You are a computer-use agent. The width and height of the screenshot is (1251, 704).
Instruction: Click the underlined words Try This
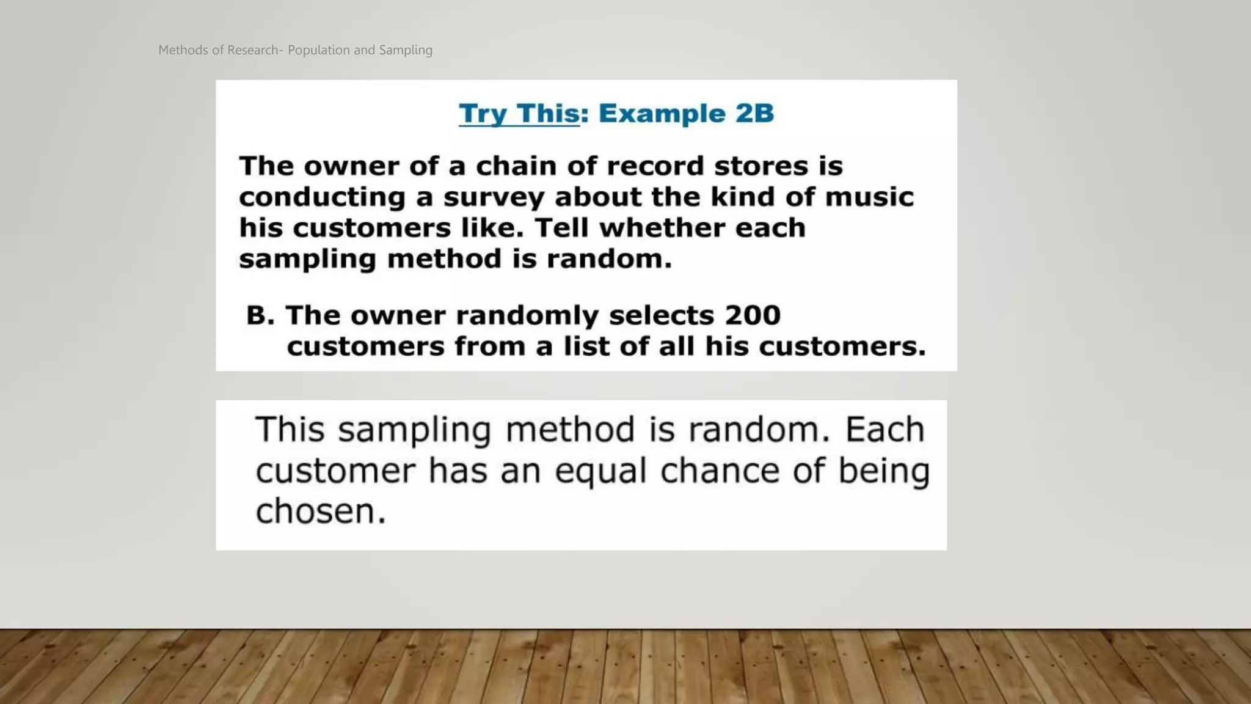click(x=519, y=114)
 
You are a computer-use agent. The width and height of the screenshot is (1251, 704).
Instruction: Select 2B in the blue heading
click(x=754, y=114)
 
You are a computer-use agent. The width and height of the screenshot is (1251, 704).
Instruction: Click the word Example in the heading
click(x=662, y=114)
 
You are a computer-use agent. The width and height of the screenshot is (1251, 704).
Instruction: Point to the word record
click(x=655, y=166)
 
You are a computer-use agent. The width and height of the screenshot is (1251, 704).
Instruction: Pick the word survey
click(x=494, y=197)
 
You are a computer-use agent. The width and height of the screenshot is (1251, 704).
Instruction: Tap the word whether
click(x=662, y=228)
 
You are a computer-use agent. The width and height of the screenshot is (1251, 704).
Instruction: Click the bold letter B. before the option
click(x=260, y=315)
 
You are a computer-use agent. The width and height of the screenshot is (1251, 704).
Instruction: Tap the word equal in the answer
click(x=600, y=472)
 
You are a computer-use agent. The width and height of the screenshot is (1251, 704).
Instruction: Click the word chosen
click(x=321, y=512)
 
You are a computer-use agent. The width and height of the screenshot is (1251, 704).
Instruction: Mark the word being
click(x=883, y=472)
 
